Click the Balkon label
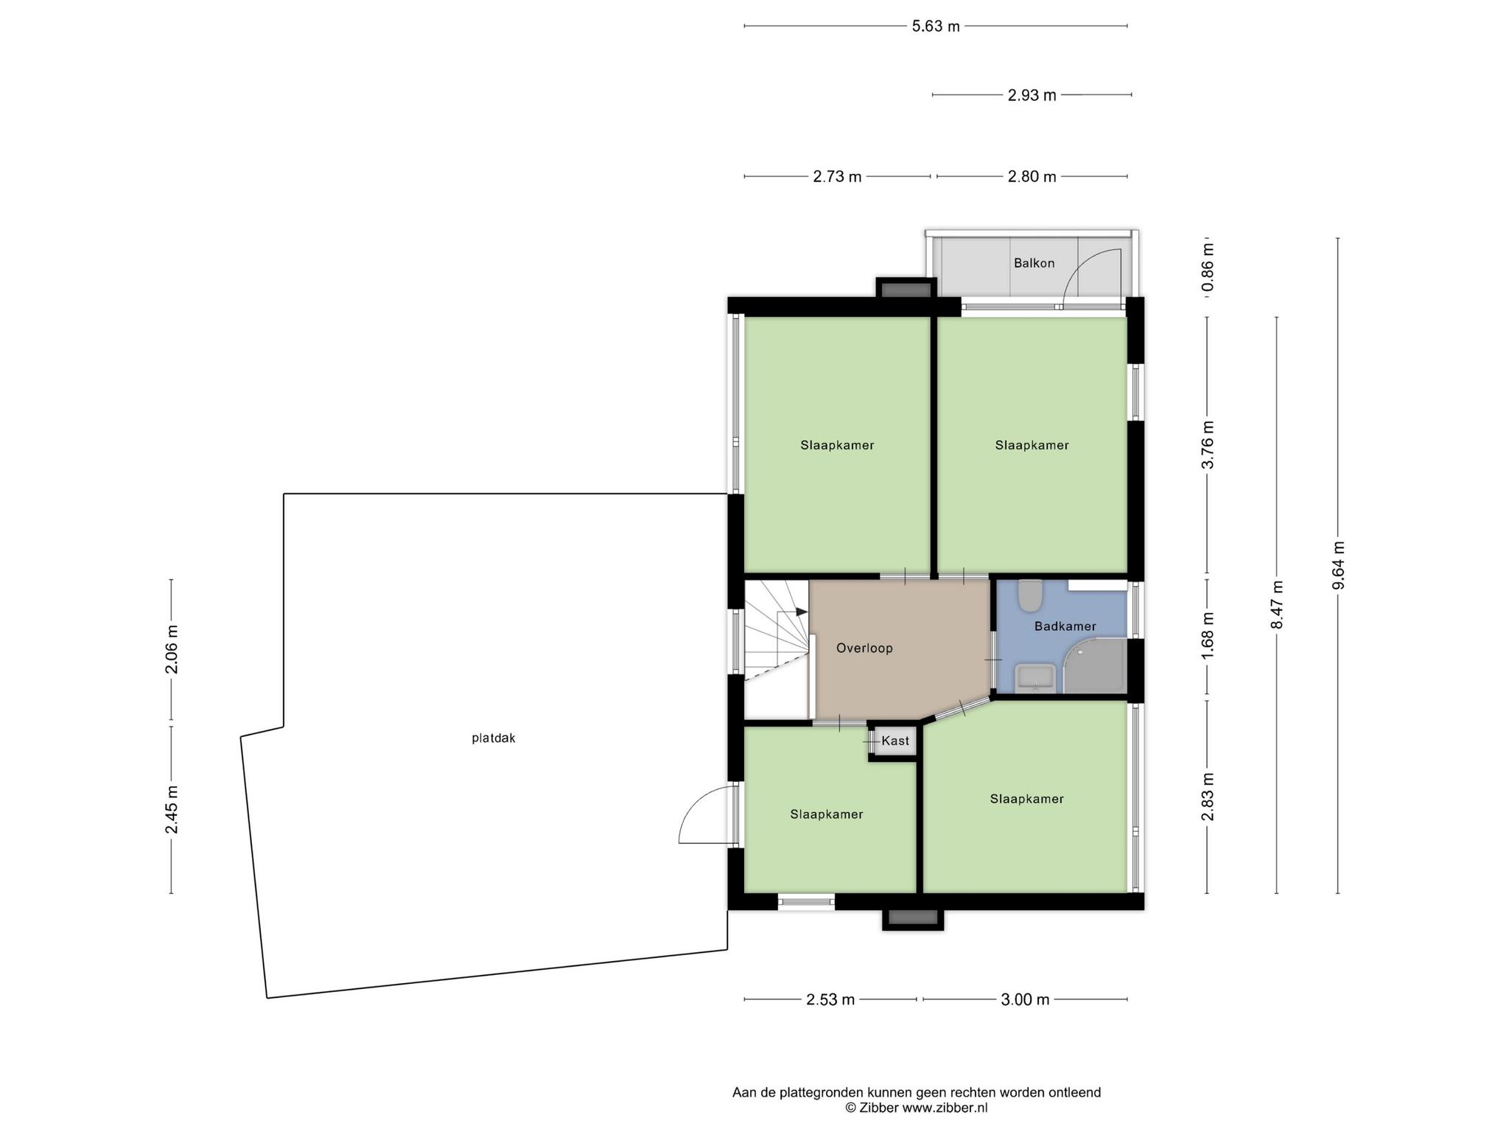tap(1034, 263)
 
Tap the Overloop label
tap(864, 649)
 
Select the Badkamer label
tap(1065, 626)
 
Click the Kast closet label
tap(895, 741)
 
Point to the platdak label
tap(493, 738)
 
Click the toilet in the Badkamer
tap(1029, 595)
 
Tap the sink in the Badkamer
tap(1035, 679)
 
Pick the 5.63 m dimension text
tap(936, 27)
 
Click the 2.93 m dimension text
tap(1032, 95)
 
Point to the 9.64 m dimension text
tap(1338, 565)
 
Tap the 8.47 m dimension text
tap(1277, 605)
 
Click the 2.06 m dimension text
tap(172, 649)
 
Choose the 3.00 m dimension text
tap(1025, 1000)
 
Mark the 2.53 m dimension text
tap(830, 1000)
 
